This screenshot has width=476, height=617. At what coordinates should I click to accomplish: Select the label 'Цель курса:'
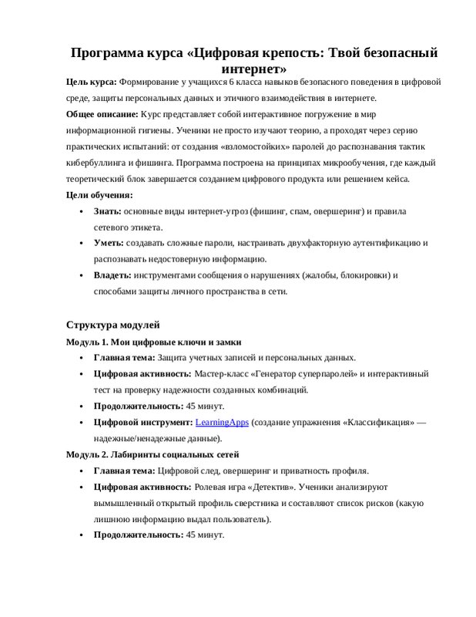tap(91, 83)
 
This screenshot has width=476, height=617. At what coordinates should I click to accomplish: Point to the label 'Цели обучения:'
tap(99, 195)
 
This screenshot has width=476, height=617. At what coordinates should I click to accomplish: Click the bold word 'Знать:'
tap(108, 211)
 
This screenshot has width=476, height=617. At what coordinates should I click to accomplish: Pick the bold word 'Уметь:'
tap(109, 243)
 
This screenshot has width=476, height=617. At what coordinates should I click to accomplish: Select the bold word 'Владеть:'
tap(112, 275)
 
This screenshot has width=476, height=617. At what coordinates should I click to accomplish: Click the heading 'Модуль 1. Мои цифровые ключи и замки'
tap(154, 341)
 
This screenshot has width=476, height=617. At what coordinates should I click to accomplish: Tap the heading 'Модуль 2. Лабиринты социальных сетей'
tap(153, 454)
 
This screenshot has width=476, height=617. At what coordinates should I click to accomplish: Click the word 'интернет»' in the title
tap(252, 69)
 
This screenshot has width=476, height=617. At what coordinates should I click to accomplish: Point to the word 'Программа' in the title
tap(107, 52)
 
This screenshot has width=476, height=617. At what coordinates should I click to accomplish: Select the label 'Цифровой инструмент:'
tap(142, 423)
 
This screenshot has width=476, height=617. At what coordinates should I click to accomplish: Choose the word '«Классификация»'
tap(378, 423)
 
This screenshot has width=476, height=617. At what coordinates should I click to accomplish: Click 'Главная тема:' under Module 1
tap(124, 358)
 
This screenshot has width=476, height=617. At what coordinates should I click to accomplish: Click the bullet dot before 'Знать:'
tap(82, 211)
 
